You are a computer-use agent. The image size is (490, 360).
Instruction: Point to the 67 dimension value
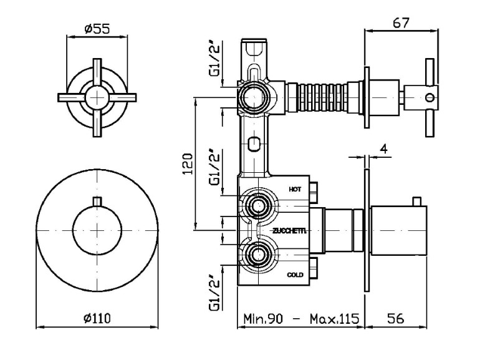(401, 22)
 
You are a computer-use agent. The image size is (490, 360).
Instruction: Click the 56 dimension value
(395, 318)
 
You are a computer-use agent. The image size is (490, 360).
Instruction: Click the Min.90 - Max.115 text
(301, 318)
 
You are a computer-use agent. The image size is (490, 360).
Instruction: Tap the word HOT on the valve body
(295, 188)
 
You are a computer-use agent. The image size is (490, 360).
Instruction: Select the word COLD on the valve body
(295, 275)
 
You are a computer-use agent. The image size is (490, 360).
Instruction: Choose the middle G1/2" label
(214, 167)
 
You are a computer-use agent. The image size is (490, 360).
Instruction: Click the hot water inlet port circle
(256, 205)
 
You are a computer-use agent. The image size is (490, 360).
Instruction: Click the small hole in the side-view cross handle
(428, 97)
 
